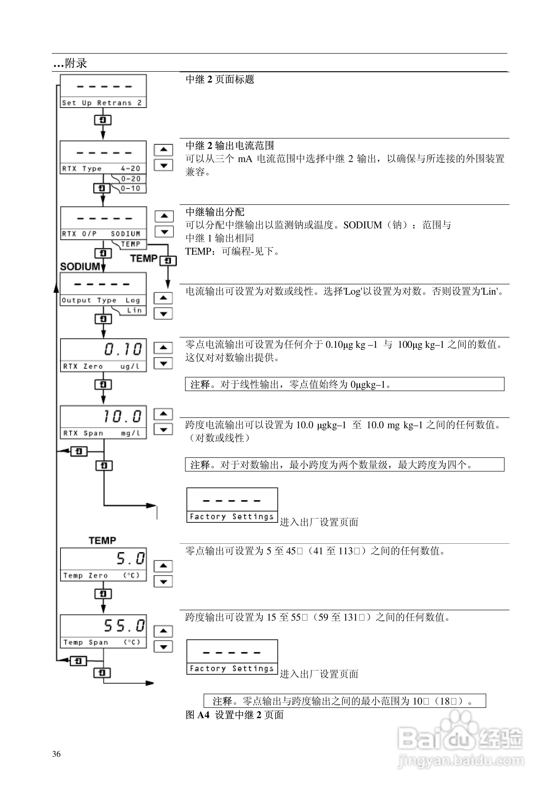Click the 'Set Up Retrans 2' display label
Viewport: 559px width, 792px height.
102,103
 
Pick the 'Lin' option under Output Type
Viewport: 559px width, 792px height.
134,310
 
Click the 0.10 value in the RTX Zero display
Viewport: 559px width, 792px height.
123,349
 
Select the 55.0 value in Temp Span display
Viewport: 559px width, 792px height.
124,625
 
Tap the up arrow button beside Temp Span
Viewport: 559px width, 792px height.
163,631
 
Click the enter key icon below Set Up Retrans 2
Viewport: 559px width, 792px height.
103,120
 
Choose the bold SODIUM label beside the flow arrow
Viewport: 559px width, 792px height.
80,267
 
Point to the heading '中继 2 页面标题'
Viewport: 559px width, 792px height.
220,79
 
